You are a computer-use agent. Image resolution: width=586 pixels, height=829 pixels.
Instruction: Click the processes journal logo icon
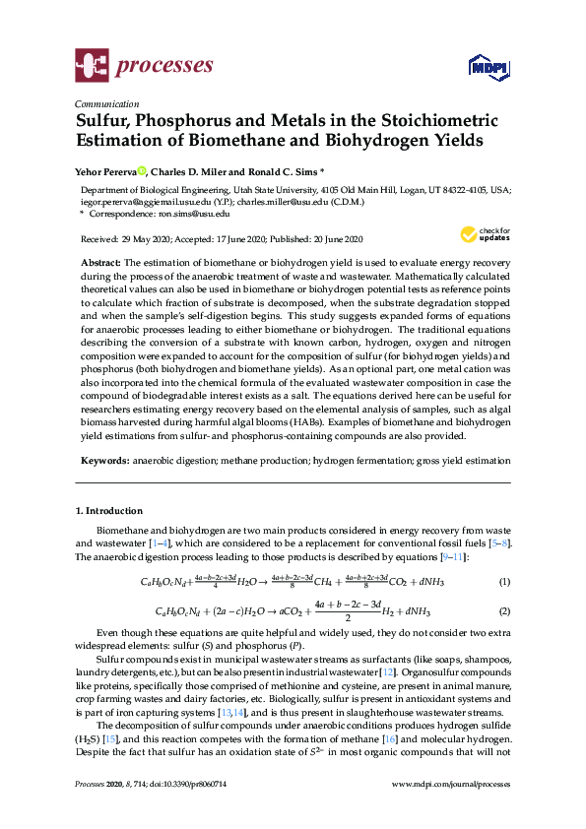coord(91,66)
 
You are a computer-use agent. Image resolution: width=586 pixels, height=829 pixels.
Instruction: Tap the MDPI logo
coord(483,67)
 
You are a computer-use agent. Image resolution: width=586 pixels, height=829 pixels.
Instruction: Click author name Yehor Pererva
coord(107,170)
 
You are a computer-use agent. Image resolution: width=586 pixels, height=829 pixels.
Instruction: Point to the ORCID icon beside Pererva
coord(142,170)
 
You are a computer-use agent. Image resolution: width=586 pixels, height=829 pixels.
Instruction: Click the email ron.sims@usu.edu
coord(194,213)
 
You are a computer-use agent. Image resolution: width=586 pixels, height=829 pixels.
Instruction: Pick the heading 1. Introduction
coord(109,511)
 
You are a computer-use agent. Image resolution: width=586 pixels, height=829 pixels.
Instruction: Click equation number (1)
coord(504,582)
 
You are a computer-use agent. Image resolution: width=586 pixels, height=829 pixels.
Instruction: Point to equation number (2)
coord(504,612)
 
